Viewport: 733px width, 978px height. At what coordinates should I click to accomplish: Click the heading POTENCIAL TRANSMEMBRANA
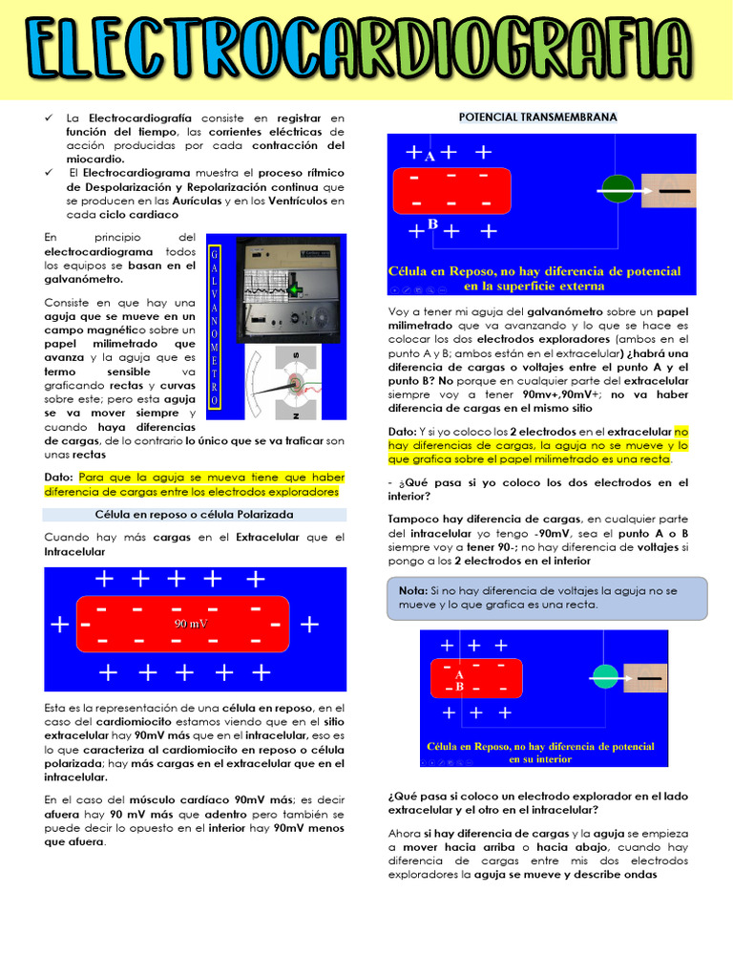[538, 117]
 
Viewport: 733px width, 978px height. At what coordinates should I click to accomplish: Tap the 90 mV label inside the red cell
[191, 624]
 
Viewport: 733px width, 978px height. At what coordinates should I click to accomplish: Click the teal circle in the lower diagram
[605, 676]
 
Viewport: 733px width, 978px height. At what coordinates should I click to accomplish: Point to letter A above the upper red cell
[430, 157]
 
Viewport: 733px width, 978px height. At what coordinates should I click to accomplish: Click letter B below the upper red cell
[432, 224]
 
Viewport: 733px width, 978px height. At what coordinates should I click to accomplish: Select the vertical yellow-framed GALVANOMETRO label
[215, 327]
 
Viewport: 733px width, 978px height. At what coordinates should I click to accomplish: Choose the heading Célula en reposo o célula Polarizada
[194, 514]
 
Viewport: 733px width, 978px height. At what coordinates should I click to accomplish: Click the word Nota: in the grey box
[413, 590]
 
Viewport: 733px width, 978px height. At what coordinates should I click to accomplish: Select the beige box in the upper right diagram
[668, 189]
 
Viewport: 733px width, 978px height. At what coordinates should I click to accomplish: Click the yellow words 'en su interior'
[540, 759]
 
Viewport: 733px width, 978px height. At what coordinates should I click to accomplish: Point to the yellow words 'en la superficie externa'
[534, 286]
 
